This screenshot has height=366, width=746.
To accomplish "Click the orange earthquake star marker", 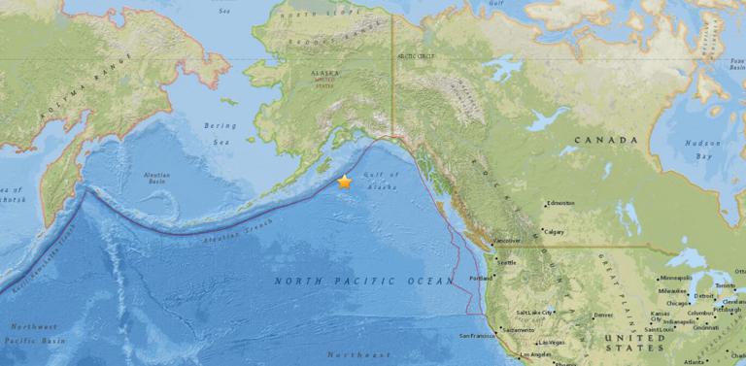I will coord(345,182).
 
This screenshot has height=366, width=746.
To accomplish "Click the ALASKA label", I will coord(325,73).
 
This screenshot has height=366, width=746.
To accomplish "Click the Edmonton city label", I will coord(561,203).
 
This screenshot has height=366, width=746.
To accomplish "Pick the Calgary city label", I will coord(555,231).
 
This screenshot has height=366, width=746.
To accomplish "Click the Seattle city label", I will coord(507,263).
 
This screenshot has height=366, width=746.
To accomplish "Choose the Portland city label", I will coord(482,278).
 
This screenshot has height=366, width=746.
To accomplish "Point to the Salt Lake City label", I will coord(535,313).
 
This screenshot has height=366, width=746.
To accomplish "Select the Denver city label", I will coord(604,316).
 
